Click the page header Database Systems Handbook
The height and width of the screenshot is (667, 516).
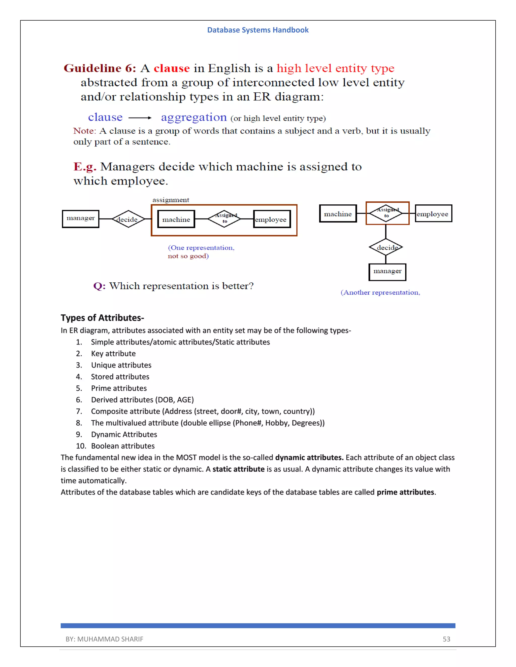(x=258, y=30)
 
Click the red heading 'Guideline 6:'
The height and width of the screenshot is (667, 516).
(x=100, y=68)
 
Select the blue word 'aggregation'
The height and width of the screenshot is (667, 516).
(x=194, y=117)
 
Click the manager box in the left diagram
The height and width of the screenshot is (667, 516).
(x=81, y=219)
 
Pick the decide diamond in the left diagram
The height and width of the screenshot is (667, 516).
(x=128, y=219)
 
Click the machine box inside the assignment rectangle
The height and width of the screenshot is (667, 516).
(x=176, y=219)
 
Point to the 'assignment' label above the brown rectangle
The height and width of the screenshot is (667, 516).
(x=171, y=200)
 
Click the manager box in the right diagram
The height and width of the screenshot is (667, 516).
(x=387, y=272)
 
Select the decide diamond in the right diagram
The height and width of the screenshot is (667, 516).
(x=386, y=247)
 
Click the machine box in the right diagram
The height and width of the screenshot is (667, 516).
(x=338, y=213)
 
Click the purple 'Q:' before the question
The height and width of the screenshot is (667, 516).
(x=99, y=286)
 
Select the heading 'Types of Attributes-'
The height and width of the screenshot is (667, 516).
(x=102, y=318)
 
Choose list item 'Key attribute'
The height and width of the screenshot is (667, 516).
(x=113, y=353)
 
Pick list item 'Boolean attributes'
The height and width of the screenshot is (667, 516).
(x=123, y=446)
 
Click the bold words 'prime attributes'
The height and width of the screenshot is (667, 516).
(x=405, y=492)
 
